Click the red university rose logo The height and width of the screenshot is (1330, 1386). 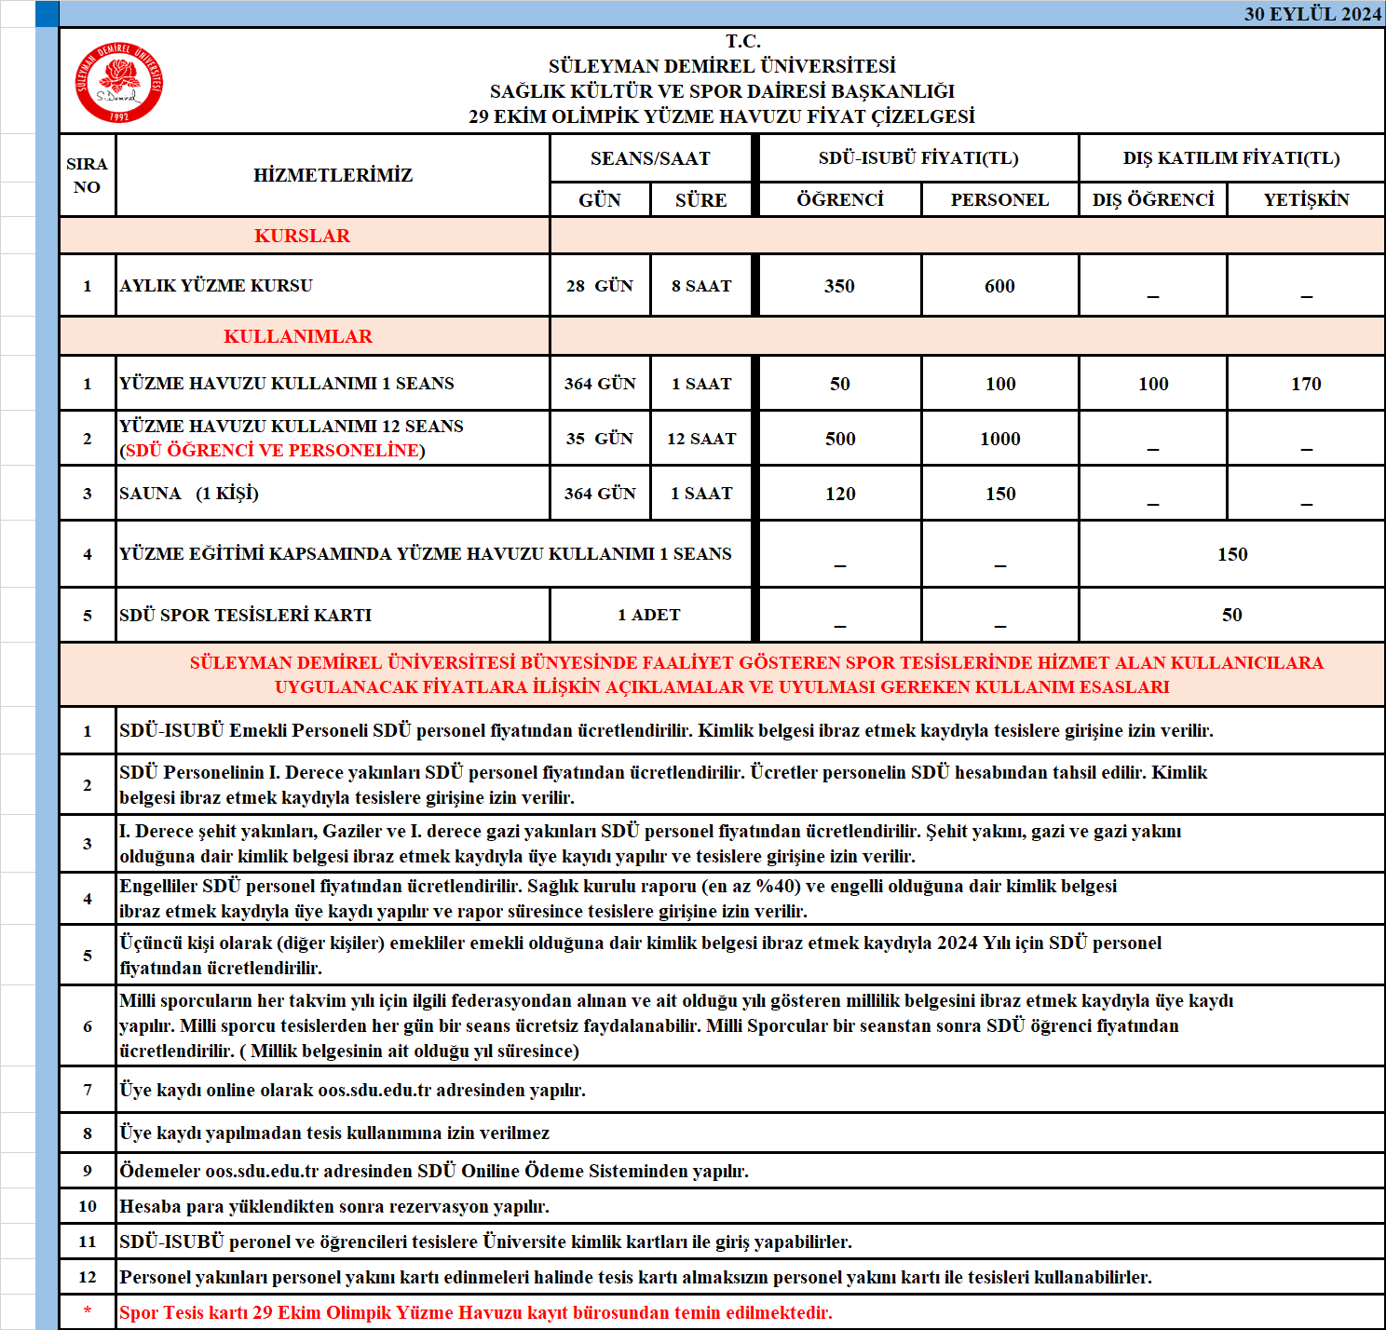tap(119, 82)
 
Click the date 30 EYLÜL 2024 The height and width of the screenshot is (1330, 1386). tap(1311, 14)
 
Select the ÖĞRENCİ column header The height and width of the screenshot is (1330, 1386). tap(839, 199)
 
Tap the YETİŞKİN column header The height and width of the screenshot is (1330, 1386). tap(1306, 199)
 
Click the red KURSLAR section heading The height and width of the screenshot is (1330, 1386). tap(303, 236)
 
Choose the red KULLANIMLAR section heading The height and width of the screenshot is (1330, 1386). tap(298, 336)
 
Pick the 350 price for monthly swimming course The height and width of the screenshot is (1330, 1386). tap(839, 286)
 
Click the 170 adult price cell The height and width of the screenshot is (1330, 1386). tap(1306, 384)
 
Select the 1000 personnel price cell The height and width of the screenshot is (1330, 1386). tap(999, 439)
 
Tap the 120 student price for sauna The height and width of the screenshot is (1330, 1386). tap(839, 494)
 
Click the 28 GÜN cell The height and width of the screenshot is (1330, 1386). tap(600, 286)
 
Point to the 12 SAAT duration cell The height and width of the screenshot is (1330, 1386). tap(701, 439)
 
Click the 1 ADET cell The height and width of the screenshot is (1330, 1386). tap(649, 615)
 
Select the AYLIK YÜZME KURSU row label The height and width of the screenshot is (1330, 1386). tap(216, 286)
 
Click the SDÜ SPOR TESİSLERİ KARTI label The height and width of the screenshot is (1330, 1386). tap(246, 615)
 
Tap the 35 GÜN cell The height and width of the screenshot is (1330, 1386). tap(600, 439)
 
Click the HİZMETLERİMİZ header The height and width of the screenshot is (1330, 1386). tap(333, 175)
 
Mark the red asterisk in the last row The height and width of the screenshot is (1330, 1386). tap(88, 1311)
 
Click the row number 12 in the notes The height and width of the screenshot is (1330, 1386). tap(88, 1277)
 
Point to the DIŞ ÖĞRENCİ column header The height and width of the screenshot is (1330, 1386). tap(1153, 199)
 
